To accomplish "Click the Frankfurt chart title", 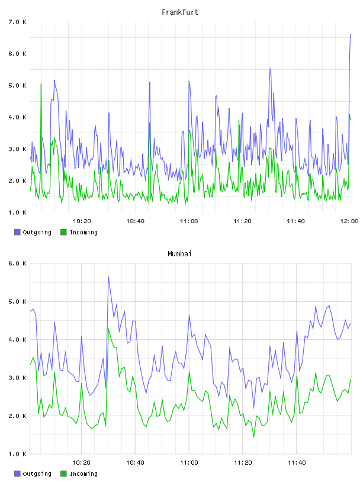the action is (180, 12).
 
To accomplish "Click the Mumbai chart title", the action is (179, 254).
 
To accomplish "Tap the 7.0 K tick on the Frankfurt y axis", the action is (17, 22).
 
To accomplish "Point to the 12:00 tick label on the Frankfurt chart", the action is (349, 221).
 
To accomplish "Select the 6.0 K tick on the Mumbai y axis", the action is (17, 263).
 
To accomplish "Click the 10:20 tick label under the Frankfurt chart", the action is (82, 221).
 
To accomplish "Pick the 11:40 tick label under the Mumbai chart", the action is (297, 462).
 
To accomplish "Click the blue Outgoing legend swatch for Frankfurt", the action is (17, 232).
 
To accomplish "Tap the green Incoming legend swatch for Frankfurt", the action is (63, 232).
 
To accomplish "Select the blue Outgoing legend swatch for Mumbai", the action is (17, 474).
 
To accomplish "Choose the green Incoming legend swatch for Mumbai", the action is (63, 474).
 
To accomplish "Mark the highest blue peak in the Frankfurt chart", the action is (351, 35).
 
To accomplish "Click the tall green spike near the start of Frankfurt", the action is (41, 84).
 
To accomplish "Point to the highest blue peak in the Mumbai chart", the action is (108, 277).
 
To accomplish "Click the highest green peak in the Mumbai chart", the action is (108, 328).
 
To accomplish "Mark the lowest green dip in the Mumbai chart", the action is (254, 436).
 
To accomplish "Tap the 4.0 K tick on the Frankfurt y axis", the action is (17, 117).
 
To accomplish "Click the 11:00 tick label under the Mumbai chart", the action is (189, 462).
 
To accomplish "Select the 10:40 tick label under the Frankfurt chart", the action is (136, 221).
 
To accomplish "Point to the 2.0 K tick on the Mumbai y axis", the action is (17, 416).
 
